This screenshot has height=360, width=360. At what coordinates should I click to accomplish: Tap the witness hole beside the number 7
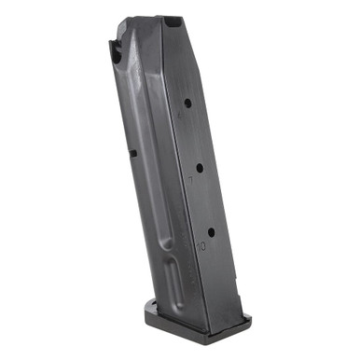(199, 169)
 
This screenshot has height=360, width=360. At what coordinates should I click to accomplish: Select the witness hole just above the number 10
(211, 231)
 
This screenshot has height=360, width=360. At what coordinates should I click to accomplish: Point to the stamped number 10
(201, 245)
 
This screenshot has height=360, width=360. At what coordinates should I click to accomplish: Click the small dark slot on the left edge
(132, 154)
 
